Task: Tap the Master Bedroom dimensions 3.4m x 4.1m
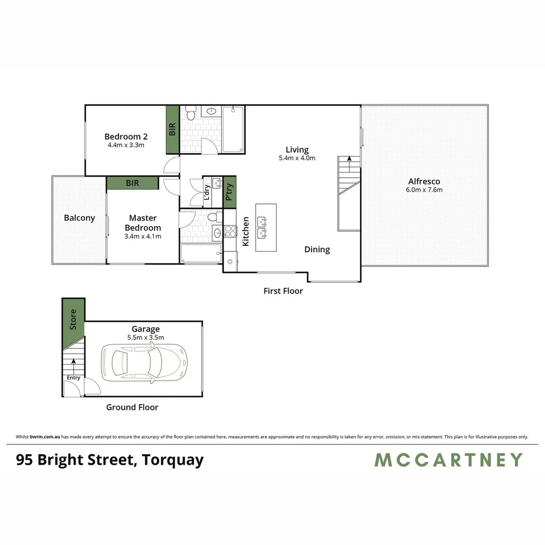pos(143,236)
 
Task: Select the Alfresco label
pos(424,181)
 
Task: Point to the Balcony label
pos(79,218)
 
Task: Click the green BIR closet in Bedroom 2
pos(173,130)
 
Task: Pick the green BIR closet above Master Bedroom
pos(132,183)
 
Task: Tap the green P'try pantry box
pos(230,192)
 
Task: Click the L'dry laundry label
pos(207,192)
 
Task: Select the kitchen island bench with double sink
pos(266,228)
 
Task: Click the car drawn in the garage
pos(144,362)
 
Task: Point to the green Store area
pos(73,320)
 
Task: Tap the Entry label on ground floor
pos(73,378)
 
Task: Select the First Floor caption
pos(283,291)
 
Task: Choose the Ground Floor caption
pos(132,407)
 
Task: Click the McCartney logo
pos(448,460)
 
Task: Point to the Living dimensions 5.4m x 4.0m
pos(297,158)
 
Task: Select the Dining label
pos(317,249)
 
